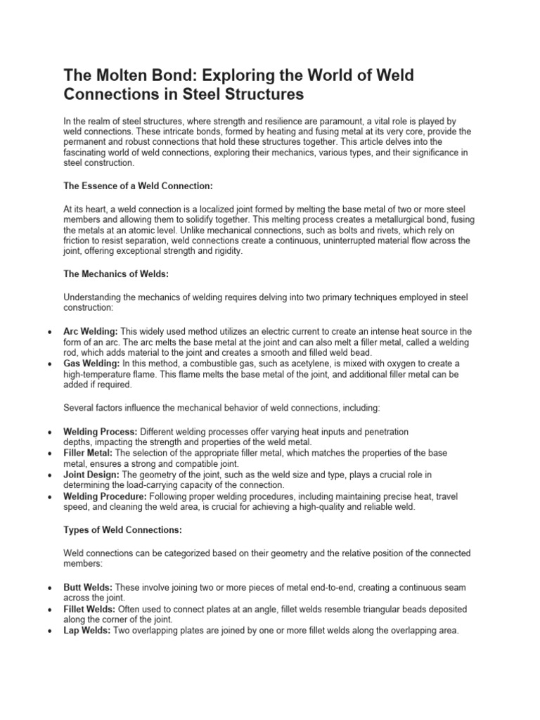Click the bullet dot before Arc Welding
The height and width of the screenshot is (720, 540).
point(47,332)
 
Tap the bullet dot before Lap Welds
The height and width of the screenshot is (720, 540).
point(47,631)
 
